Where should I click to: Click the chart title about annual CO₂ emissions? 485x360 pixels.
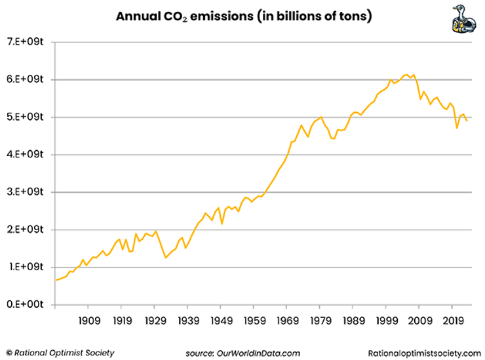click(244, 16)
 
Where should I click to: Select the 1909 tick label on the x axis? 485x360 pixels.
click(88, 321)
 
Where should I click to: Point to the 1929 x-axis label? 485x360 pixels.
click(155, 321)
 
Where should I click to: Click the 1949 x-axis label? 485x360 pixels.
click(221, 321)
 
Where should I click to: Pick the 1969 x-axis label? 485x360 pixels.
click(287, 321)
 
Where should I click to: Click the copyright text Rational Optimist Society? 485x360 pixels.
click(60, 352)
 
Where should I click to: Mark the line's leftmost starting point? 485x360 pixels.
click(56, 280)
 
